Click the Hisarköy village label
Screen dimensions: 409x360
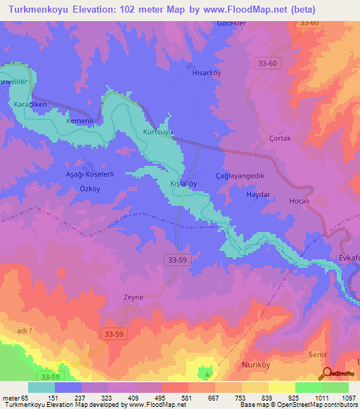pyautogui.click(x=206, y=72)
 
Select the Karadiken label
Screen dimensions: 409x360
pyautogui.click(x=30, y=104)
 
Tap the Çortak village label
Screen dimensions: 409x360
pyautogui.click(x=280, y=138)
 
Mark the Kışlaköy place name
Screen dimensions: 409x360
pyautogui.click(x=184, y=183)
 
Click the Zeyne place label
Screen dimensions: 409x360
pyautogui.click(x=133, y=297)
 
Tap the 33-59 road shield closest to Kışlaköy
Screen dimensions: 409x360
pyautogui.click(x=178, y=259)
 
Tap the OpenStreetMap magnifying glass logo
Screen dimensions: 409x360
pyautogui.click(x=327, y=373)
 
